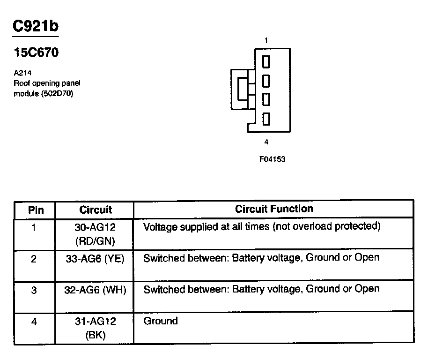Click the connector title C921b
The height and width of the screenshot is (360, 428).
pos(36,26)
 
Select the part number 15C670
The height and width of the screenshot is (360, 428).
pos(36,53)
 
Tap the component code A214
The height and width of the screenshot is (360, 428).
pos(23,73)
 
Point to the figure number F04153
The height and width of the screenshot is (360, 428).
pos(272,159)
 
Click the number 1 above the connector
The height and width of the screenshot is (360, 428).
pos(266,41)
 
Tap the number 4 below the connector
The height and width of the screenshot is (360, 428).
pos(266,142)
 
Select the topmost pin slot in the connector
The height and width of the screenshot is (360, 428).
pos(266,61)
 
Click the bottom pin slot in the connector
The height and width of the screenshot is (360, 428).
pos(266,119)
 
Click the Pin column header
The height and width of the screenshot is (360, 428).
pos(36,210)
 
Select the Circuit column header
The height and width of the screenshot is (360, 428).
pos(96,210)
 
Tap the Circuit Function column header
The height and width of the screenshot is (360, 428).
pos(274,209)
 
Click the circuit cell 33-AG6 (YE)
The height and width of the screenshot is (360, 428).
pos(96,258)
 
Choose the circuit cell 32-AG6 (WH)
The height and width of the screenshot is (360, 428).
pos(96,290)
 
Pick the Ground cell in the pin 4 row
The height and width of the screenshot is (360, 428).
pos(161,321)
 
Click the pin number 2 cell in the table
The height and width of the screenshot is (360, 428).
pos(34,259)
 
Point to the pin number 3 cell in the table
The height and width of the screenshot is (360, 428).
pos(34,290)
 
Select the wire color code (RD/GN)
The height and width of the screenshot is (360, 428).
pos(96,241)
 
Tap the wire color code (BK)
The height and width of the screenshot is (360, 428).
pos(96,335)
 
